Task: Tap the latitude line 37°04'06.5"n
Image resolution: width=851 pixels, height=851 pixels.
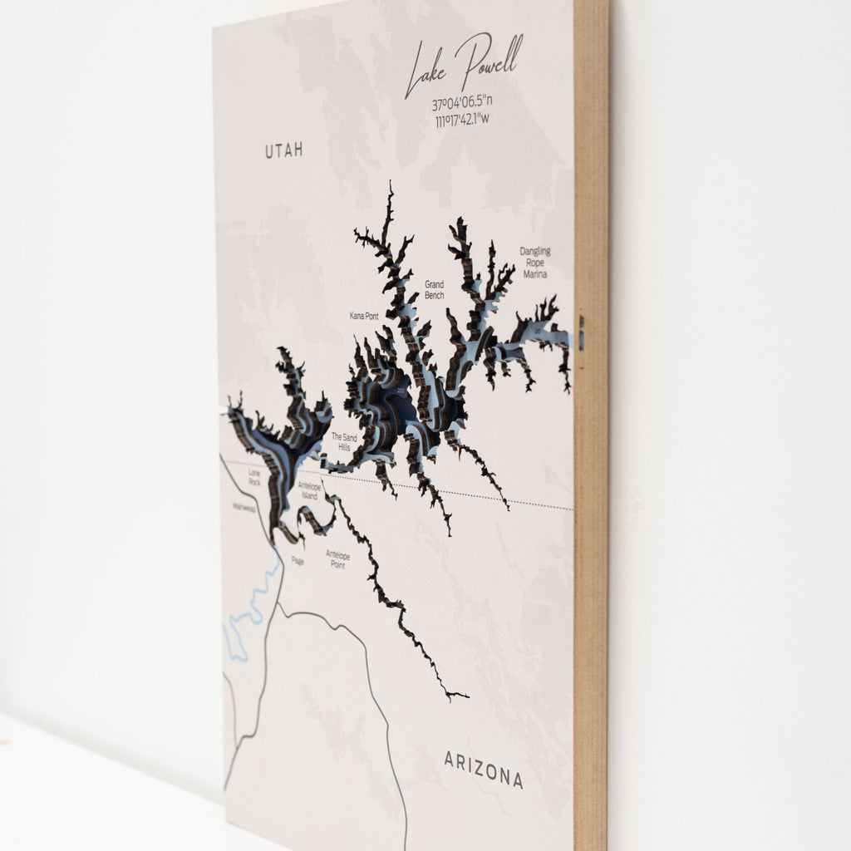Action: click(463, 105)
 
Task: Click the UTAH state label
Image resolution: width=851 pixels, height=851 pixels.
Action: click(284, 150)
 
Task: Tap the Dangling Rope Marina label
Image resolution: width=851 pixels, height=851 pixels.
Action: click(535, 263)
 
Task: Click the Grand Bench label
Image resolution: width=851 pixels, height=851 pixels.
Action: click(434, 289)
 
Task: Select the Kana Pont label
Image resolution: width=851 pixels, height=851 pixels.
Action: click(364, 317)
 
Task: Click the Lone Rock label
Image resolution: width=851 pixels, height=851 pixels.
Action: click(254, 477)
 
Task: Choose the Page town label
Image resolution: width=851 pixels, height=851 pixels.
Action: click(298, 561)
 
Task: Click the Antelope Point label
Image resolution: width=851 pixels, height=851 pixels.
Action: click(337, 559)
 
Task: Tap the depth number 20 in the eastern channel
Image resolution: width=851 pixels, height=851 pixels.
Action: click(539, 332)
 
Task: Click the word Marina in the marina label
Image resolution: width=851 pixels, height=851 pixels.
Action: click(535, 274)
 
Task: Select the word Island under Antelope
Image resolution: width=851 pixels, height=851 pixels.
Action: click(308, 496)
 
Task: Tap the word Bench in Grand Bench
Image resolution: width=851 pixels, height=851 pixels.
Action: click(434, 295)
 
